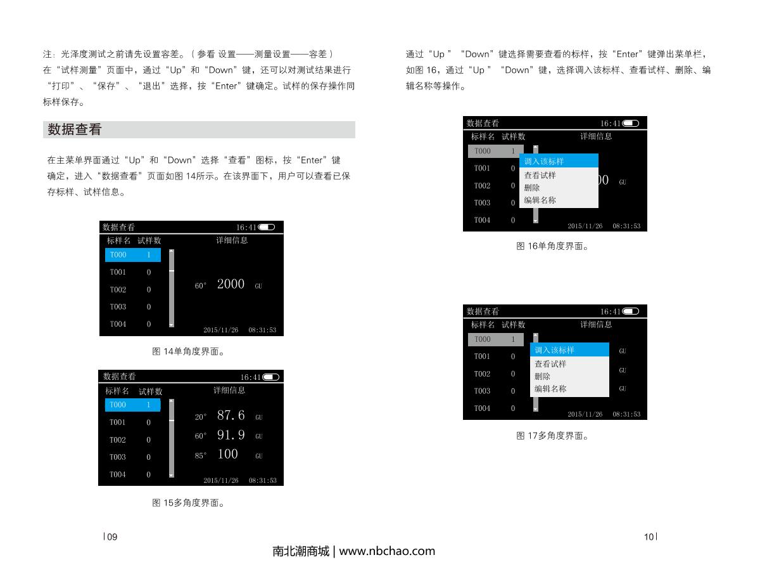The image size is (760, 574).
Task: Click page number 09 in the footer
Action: point(111,537)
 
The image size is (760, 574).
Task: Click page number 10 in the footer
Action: point(649,537)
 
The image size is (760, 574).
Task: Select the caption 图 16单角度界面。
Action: point(552,245)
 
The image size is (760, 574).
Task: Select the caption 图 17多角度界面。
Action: point(552,436)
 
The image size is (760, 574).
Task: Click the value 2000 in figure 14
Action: point(231,284)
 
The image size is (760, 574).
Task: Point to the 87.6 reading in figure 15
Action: point(231,415)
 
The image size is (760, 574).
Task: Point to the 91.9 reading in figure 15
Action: point(231,435)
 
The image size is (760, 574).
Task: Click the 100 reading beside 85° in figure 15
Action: point(227,454)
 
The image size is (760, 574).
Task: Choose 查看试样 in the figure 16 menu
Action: point(540,175)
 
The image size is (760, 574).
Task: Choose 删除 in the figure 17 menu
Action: point(543,376)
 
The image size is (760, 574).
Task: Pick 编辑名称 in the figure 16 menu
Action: point(540,200)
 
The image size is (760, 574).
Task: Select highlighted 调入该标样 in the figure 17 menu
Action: point(554,350)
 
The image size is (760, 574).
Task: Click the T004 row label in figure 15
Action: point(118,474)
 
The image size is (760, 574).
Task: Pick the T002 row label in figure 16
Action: point(482,186)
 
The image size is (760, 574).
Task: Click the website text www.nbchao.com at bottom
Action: point(387,551)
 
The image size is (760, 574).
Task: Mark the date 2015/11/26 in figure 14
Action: point(221,330)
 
